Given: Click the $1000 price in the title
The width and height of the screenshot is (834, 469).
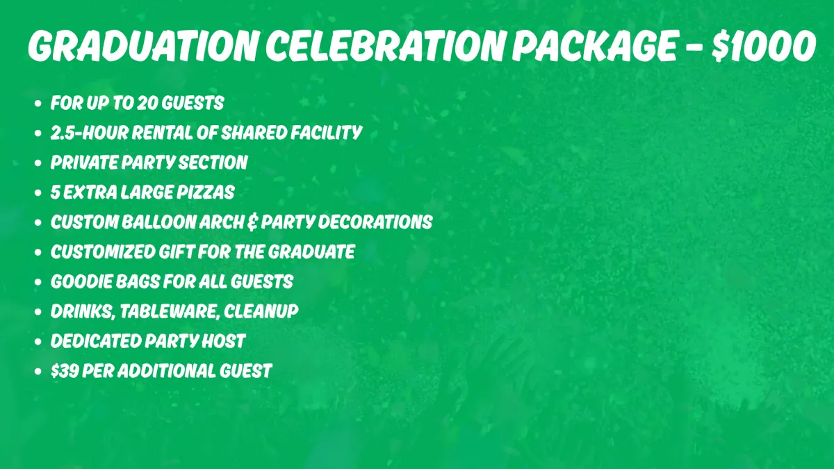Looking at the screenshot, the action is [764, 45].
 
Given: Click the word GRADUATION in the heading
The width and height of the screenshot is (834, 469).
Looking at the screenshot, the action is [143, 45].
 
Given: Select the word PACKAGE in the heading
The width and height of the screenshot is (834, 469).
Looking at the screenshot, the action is [595, 45].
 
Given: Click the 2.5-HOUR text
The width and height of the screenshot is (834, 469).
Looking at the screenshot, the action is [90, 133].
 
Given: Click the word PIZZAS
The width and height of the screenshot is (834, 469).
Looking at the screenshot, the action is [206, 192].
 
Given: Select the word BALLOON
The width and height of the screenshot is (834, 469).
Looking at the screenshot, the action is [159, 222].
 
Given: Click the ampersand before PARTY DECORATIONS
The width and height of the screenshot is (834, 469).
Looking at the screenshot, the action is [252, 222].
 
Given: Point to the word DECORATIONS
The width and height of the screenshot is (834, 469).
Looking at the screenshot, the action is [375, 222].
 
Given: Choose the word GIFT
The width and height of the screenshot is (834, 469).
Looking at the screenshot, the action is [177, 252].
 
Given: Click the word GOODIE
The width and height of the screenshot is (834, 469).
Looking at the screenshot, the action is [81, 282].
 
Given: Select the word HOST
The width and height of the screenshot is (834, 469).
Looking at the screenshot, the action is [223, 341].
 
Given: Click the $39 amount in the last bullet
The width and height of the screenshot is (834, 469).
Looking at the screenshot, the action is [65, 371].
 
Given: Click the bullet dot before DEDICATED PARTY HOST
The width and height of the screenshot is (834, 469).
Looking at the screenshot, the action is [38, 342].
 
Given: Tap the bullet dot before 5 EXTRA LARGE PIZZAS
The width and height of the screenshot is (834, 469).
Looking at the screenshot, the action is [38, 193].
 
